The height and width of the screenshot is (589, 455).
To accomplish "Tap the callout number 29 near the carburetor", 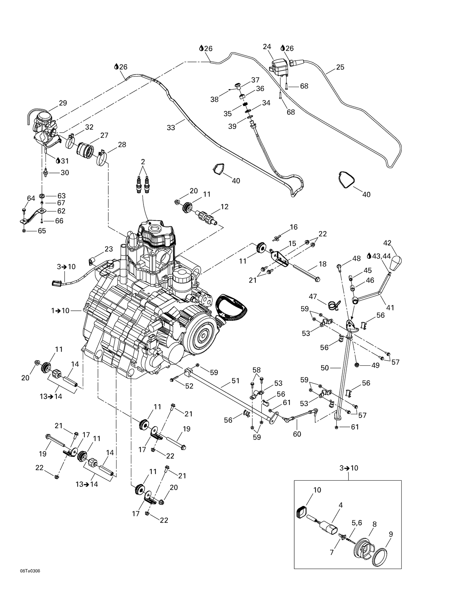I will pos(63,103).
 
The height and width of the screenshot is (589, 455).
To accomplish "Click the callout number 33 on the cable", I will pos(171,128).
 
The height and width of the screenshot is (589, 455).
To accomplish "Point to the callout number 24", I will pos(267,47).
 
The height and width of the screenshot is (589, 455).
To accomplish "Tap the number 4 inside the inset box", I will pos(340,505).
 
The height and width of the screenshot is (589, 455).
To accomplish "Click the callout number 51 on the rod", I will pos(235,381).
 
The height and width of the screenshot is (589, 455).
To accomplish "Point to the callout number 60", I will pos(297,434).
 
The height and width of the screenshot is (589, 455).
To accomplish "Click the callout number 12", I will pos(224,207).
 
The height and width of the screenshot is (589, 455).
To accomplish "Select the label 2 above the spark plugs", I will pos(143,161).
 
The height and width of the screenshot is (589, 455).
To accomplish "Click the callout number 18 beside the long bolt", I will pos(322,264).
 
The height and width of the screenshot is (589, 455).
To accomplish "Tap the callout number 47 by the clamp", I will pos(313,296).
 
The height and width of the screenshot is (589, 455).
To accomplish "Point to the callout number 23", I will pos(109,249).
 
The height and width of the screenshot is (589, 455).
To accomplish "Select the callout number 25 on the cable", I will pos(340,67).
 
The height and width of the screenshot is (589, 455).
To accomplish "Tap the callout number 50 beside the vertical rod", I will pos(325,368).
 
